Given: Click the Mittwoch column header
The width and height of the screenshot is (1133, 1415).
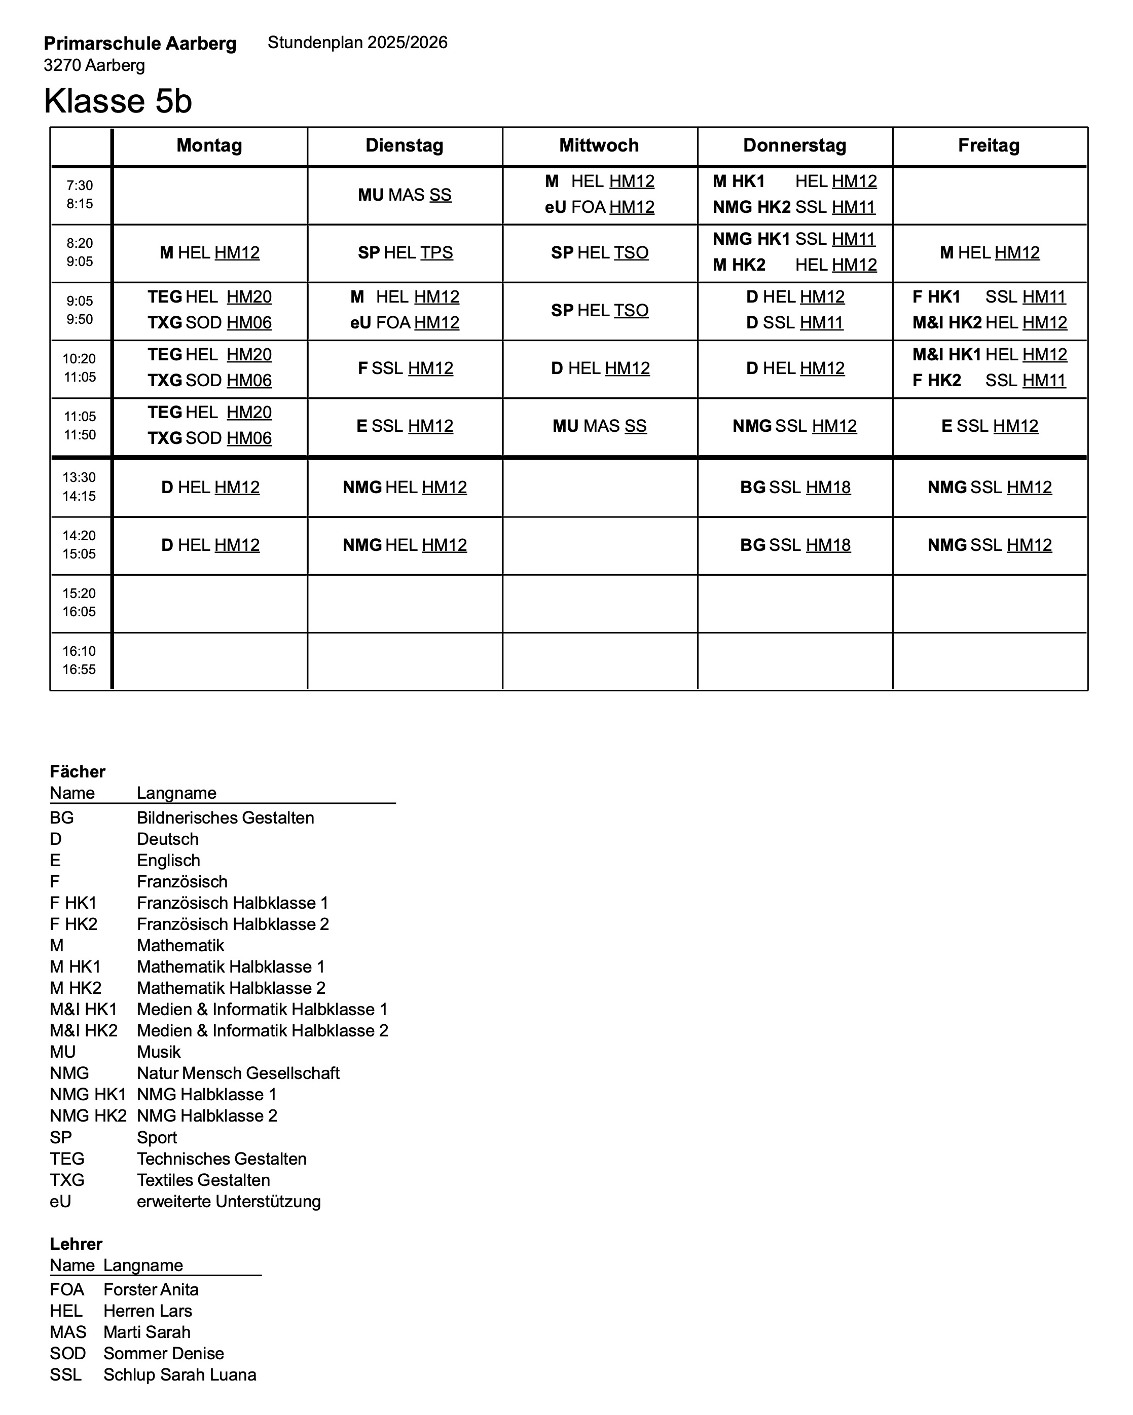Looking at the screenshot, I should [x=599, y=145].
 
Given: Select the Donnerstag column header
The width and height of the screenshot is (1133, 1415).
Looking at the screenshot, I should [x=794, y=145].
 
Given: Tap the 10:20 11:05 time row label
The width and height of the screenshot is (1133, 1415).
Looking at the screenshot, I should [x=80, y=368].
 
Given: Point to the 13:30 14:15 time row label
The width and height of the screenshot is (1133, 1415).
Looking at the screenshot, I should [x=80, y=487].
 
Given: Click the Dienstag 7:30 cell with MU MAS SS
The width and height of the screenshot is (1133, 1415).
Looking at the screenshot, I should [x=405, y=195].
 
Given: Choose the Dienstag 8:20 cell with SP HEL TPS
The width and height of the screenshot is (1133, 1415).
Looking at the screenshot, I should [x=405, y=253].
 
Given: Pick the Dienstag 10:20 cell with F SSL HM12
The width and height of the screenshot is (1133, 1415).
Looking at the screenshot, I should [x=405, y=368].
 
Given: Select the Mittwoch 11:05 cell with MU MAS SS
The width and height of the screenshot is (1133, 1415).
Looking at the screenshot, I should [x=599, y=426].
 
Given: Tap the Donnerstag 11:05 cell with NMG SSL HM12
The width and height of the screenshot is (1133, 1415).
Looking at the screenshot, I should [x=794, y=426].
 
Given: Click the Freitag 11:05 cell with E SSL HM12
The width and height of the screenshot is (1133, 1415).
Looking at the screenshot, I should [x=989, y=426].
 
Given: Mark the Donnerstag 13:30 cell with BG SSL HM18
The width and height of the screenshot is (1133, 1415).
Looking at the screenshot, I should [x=794, y=487].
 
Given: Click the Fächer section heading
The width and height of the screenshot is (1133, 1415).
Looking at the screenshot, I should [x=78, y=771].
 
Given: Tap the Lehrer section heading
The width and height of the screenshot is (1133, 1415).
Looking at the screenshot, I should [x=76, y=1244].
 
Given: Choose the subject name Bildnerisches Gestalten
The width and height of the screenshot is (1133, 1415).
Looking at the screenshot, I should [x=225, y=818].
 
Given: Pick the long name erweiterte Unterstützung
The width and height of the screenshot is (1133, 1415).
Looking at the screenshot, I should [x=229, y=1201].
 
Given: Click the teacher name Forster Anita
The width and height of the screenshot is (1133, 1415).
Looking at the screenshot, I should [x=151, y=1290].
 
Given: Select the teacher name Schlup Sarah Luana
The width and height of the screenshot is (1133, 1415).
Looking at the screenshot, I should [x=180, y=1374].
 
